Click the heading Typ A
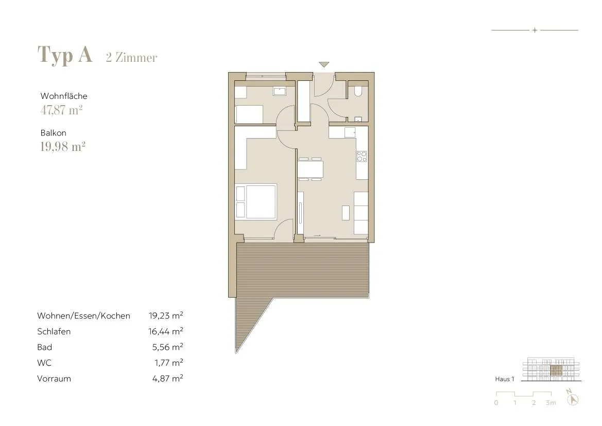tap(65, 55)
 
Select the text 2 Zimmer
tap(132, 57)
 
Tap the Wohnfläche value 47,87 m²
tap(61, 110)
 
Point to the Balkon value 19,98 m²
tap(63, 146)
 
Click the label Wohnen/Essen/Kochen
tap(84, 316)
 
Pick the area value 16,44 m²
tap(165, 331)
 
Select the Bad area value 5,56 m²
tap(167, 347)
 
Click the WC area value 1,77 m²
tap(168, 363)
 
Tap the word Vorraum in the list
tap(54, 379)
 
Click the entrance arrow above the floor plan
tap(324, 64)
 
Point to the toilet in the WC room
tap(358, 91)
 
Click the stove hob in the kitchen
tap(362, 157)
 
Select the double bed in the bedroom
tap(256, 202)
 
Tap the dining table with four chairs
tap(310, 168)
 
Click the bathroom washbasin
tap(280, 91)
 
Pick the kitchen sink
tap(350, 132)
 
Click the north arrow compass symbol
tap(572, 397)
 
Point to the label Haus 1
tap(505, 379)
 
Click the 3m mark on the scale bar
tap(551, 403)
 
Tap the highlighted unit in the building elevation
tap(556, 371)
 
